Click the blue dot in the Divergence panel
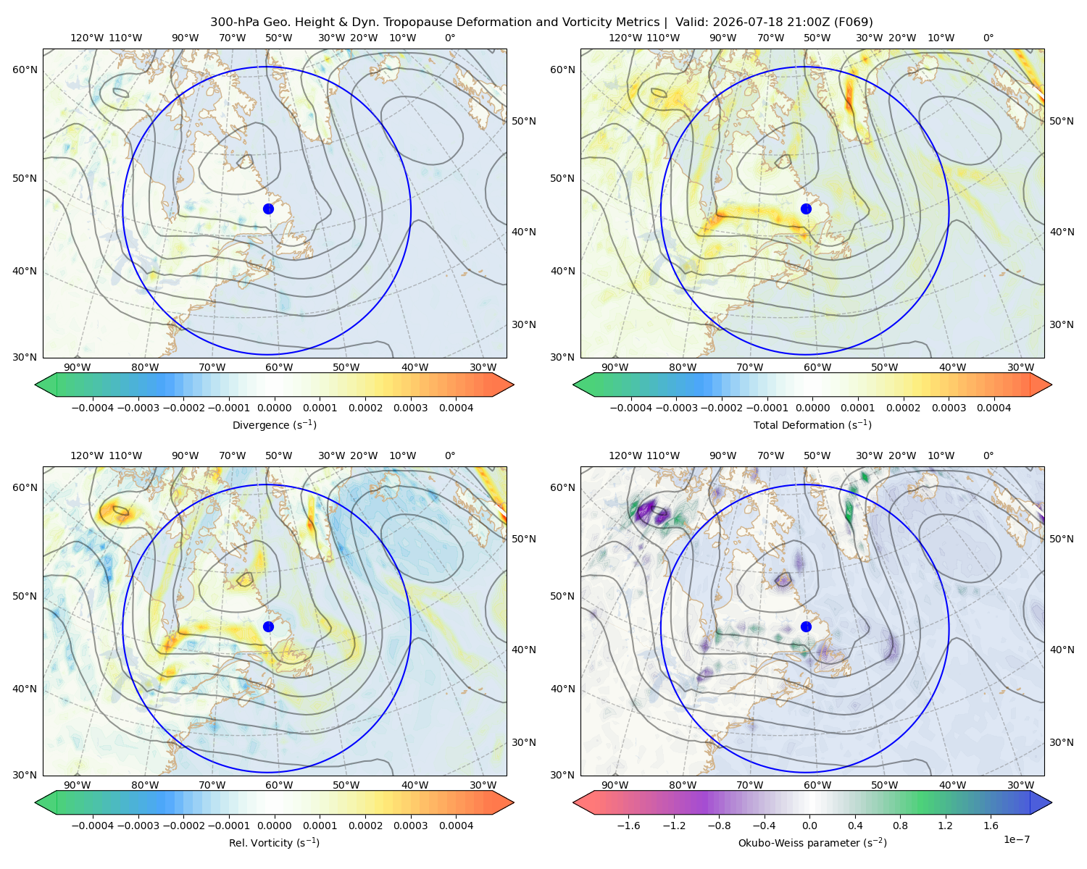(x=268, y=209)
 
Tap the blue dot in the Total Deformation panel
(x=806, y=209)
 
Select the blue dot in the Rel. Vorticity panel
(x=268, y=626)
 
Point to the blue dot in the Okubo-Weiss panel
(x=806, y=626)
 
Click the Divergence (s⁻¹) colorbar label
(x=274, y=425)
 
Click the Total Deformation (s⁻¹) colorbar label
(x=812, y=425)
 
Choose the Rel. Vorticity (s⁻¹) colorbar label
(x=274, y=843)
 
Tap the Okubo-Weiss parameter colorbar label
(x=812, y=843)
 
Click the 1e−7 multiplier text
(x=1016, y=839)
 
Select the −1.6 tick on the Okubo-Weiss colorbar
(x=628, y=826)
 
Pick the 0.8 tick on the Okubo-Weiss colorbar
(x=900, y=826)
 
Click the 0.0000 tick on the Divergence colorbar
(x=274, y=408)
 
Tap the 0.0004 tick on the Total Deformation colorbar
(x=994, y=408)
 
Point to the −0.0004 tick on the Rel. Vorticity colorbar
(x=93, y=826)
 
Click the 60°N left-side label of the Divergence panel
(x=25, y=70)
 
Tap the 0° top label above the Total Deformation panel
(x=988, y=38)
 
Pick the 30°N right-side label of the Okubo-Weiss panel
(x=1061, y=742)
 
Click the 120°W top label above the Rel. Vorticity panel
(x=87, y=456)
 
